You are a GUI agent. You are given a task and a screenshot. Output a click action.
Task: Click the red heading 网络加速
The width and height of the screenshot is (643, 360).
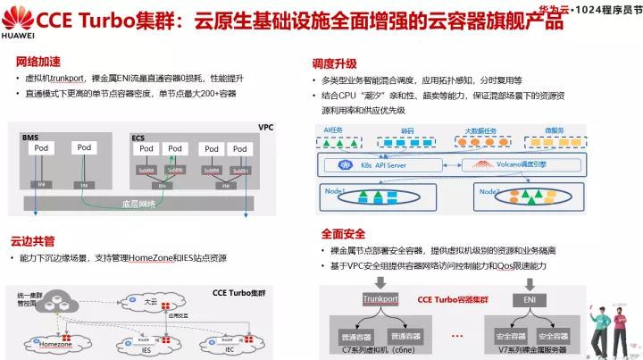click(x=38, y=62)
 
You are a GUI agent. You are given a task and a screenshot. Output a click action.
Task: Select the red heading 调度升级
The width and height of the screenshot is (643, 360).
click(x=334, y=63)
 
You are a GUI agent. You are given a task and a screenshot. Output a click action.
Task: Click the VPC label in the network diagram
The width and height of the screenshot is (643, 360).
click(x=265, y=128)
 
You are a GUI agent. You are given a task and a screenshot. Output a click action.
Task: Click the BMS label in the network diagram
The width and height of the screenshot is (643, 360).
click(x=29, y=138)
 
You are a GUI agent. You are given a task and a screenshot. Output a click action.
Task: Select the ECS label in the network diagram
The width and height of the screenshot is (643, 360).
click(x=138, y=138)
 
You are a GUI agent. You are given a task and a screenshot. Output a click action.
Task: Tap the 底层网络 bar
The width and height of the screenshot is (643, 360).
click(x=138, y=204)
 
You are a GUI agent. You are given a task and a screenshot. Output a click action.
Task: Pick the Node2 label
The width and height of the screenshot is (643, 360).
click(x=489, y=191)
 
